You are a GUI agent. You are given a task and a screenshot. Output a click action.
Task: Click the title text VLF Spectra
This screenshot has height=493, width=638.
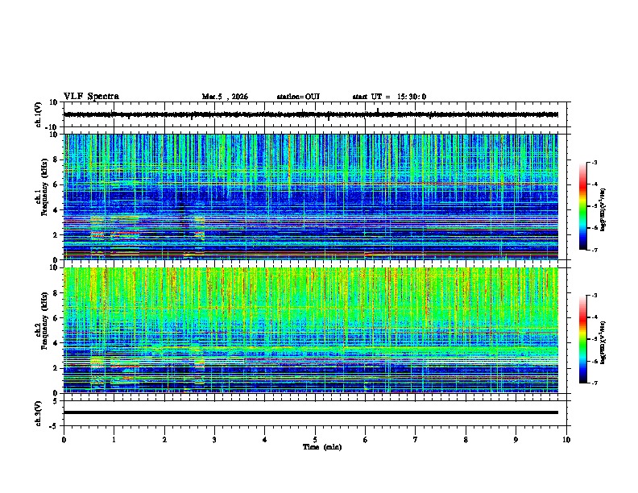click(91, 97)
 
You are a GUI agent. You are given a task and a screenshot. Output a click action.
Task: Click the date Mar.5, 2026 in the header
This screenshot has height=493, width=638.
click(225, 97)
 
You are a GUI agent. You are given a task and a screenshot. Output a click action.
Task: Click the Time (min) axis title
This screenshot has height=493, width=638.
click(321, 447)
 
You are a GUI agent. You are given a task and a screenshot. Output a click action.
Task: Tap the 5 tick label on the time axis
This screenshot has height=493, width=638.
click(315, 440)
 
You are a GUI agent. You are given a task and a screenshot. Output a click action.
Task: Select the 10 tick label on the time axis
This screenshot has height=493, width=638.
click(566, 440)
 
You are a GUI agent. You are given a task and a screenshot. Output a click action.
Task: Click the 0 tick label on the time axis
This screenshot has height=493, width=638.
click(64, 440)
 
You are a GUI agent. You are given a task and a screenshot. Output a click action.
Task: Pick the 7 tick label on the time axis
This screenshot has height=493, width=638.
click(416, 440)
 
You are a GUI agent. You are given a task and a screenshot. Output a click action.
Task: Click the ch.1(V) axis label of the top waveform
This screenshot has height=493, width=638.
click(39, 114)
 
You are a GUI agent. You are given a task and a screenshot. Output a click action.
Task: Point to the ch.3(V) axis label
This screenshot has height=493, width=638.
click(39, 412)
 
